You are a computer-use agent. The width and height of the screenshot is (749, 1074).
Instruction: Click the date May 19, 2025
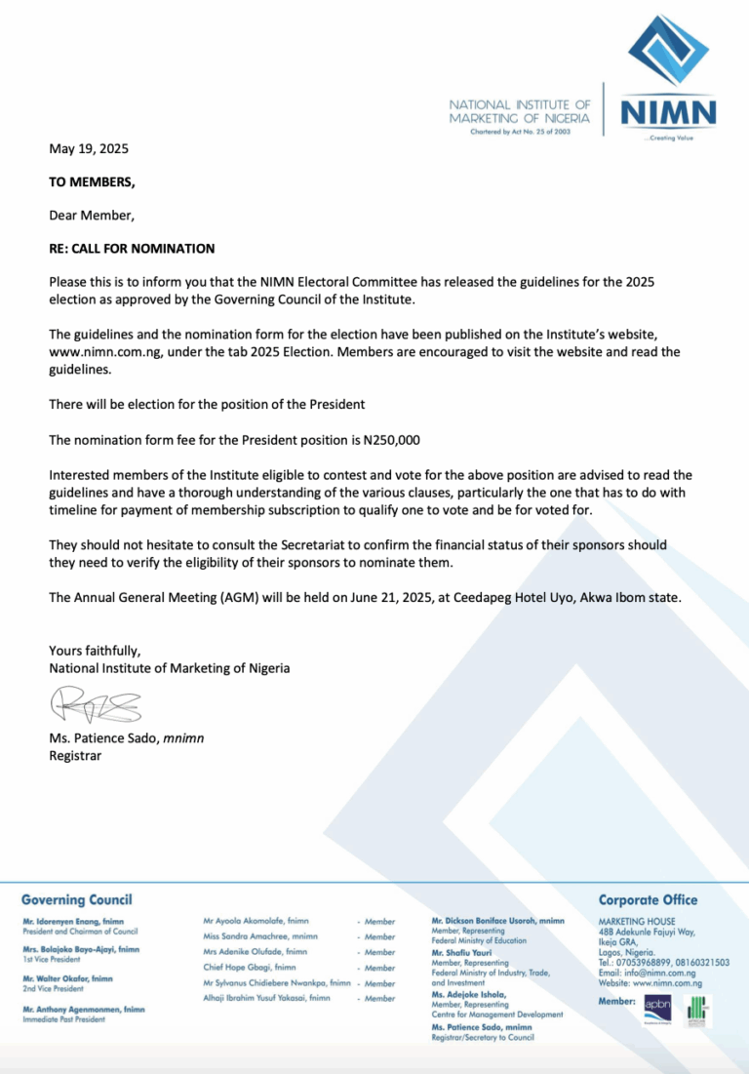point(89,149)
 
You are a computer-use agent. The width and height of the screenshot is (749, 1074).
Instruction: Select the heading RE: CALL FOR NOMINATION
point(132,249)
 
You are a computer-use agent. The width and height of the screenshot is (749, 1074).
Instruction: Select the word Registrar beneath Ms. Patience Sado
point(75,755)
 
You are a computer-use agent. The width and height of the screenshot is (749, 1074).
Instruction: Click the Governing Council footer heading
point(76,899)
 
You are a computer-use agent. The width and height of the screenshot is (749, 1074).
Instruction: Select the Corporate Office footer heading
point(648,899)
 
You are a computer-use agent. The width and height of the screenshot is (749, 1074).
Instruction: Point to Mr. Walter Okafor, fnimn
point(67,978)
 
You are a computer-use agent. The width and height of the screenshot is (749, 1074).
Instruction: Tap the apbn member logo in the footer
point(656,1008)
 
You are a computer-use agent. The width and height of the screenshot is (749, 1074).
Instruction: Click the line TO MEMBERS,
point(93,181)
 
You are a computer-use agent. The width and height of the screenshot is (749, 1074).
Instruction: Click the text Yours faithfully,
point(96,651)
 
